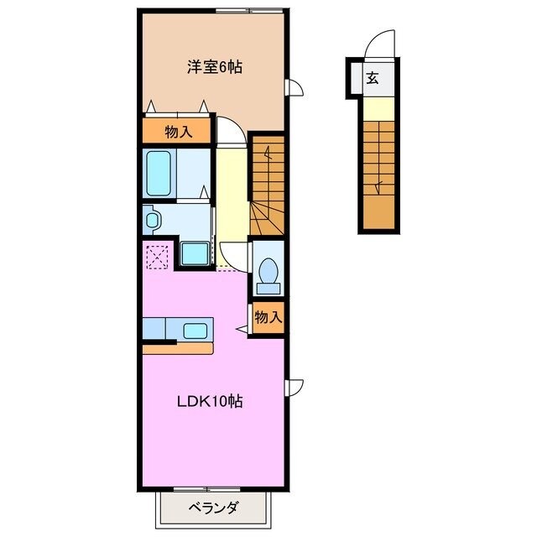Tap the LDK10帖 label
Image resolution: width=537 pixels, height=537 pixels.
pos(210,401)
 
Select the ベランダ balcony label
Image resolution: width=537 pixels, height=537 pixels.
pos(212,507)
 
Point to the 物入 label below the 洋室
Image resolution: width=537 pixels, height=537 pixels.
pos(179,131)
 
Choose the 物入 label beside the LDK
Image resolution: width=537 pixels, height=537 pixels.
pos(268,317)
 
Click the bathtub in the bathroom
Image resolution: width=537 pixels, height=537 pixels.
pos(159,172)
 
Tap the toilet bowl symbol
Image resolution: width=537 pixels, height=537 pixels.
pos(268,272)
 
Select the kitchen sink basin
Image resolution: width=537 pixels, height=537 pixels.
pos(196,329)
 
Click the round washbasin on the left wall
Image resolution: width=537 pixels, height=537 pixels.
pos(152,221)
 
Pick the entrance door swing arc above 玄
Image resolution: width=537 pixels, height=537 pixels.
pos(381,43)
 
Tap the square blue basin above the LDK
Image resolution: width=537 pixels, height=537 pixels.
pos(196,253)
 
